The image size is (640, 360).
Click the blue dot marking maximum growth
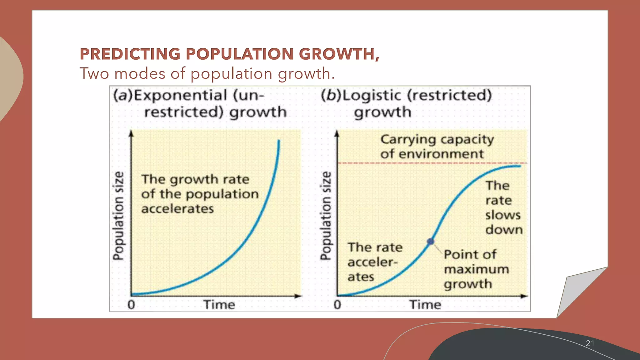coord(431,241)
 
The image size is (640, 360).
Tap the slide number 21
coord(590,343)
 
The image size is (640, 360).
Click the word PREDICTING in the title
coord(130,54)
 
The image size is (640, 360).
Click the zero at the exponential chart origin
coord(131,305)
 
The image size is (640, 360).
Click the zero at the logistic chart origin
coord(337,305)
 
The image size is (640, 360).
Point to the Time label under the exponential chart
coord(219,305)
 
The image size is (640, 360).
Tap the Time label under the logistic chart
coord(425,305)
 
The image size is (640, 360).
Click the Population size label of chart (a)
coord(118,216)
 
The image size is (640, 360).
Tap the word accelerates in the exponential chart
coord(177,209)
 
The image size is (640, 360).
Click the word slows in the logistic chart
coord(502,215)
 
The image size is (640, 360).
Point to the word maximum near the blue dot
coord(476,269)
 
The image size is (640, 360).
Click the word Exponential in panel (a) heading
coord(180,95)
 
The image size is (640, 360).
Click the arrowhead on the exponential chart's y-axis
coord(131,133)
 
